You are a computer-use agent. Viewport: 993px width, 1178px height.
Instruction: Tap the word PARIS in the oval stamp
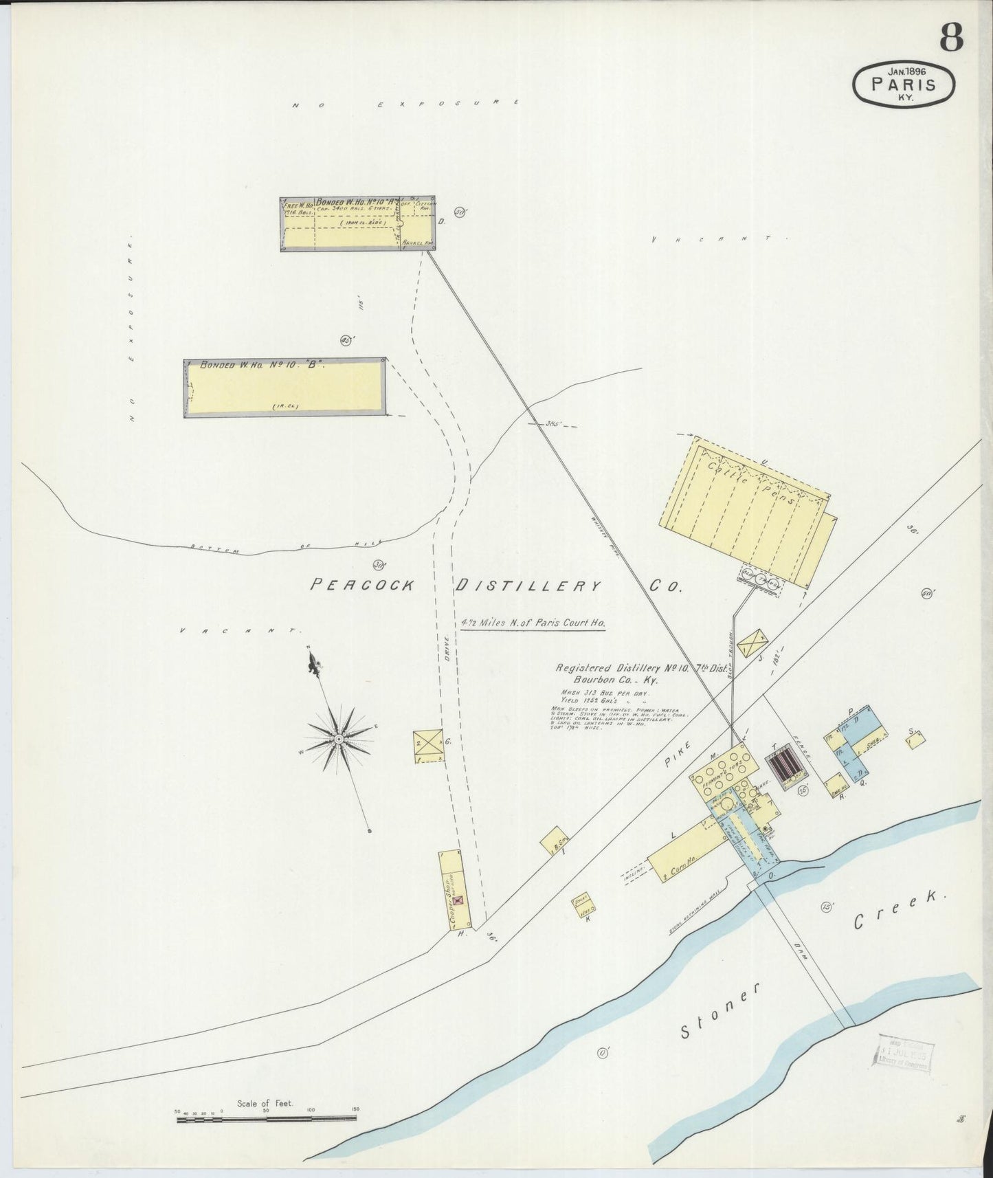(x=903, y=85)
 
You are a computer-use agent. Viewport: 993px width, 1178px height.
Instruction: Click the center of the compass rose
(x=339, y=738)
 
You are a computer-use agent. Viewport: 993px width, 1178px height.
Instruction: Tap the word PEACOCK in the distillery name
(x=363, y=585)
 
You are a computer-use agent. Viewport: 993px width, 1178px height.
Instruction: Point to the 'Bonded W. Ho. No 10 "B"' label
(x=261, y=366)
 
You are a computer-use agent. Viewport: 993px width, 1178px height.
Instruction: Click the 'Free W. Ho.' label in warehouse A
(x=298, y=206)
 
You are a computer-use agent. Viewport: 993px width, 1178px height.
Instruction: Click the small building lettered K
(x=585, y=907)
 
